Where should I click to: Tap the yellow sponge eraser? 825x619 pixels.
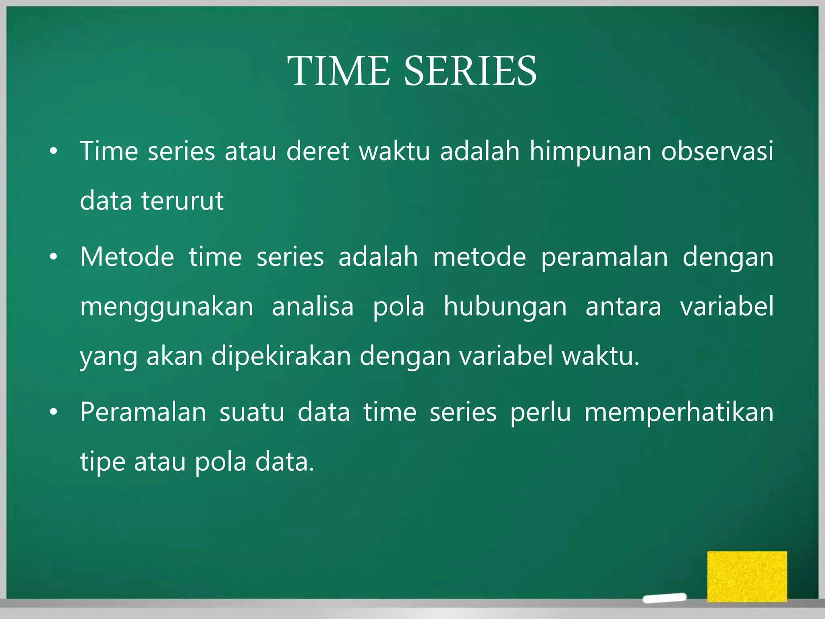tap(747, 576)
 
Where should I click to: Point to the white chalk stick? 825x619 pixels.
tap(664, 598)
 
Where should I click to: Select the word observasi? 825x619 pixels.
tap(717, 152)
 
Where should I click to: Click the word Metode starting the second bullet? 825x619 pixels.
tap(127, 257)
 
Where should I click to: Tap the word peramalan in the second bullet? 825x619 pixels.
tap(604, 258)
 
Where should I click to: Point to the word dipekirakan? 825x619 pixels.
tap(281, 357)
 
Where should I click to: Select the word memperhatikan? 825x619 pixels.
tap(679, 413)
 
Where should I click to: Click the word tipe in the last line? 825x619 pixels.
tap(102, 462)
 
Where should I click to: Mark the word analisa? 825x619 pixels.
tap(313, 306)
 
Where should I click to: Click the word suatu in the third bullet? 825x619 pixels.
tap(252, 413)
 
